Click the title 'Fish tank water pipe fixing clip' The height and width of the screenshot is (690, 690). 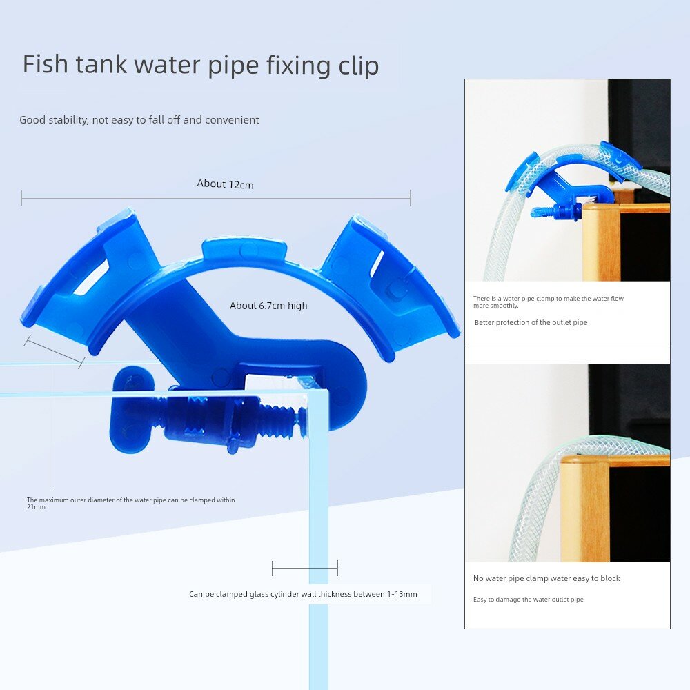(201, 65)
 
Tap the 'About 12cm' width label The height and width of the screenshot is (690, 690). (226, 184)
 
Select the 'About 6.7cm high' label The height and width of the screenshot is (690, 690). (268, 306)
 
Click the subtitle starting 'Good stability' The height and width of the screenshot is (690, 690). (139, 119)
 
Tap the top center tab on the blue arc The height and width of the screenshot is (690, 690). (244, 251)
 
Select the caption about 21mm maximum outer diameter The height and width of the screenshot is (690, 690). (130, 503)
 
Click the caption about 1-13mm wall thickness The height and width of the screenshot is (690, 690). (303, 594)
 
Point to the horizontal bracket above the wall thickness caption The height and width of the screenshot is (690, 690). (305, 568)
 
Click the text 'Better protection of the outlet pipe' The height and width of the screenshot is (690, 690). (531, 322)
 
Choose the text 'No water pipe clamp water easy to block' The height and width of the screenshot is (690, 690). (546, 578)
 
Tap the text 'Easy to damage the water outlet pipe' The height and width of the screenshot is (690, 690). (528, 600)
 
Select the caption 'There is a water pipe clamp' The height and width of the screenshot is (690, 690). (549, 302)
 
